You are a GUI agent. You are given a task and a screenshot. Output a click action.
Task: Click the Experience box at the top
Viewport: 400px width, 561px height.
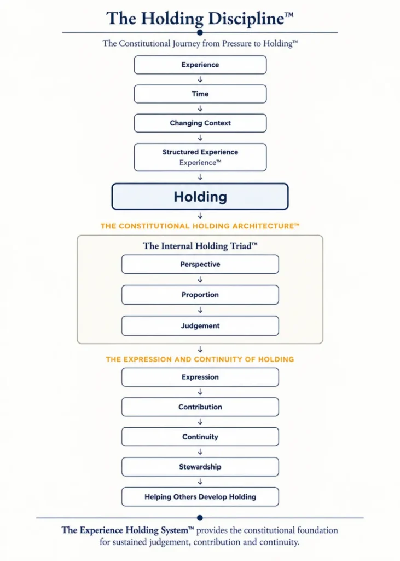200,65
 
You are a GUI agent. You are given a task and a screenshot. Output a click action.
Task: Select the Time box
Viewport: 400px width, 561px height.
200,94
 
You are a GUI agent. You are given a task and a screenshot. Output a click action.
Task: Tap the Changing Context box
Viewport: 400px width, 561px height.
200,123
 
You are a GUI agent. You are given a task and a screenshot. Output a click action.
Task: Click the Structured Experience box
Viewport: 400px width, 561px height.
200,157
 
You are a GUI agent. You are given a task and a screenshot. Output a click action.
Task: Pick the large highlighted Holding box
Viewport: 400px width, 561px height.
200,197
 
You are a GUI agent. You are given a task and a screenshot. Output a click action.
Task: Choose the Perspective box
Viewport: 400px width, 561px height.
200,265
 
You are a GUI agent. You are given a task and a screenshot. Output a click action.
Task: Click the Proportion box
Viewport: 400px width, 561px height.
200,295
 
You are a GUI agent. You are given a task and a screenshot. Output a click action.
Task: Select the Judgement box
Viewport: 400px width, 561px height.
200,325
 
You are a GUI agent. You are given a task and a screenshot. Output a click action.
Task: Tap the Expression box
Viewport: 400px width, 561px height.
200,377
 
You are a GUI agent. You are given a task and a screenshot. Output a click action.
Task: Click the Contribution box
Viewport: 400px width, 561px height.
200,407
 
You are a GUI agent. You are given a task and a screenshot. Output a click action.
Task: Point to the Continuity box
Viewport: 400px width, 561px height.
200,437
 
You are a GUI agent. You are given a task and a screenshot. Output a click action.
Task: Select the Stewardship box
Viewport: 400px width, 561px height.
200,467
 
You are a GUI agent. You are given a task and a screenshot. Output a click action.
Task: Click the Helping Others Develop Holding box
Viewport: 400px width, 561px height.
200,496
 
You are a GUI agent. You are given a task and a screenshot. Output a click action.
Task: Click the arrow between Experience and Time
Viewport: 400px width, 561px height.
200,79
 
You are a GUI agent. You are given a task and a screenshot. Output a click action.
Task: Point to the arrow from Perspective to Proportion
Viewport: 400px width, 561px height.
200,279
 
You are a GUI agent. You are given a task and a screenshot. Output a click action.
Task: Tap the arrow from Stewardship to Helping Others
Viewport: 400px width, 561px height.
200,482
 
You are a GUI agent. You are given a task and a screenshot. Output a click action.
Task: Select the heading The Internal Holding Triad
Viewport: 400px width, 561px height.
200,246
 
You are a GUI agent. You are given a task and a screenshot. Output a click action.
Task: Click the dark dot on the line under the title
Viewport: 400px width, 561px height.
200,32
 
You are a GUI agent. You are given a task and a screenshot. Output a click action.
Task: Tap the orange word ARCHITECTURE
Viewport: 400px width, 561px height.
263,226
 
